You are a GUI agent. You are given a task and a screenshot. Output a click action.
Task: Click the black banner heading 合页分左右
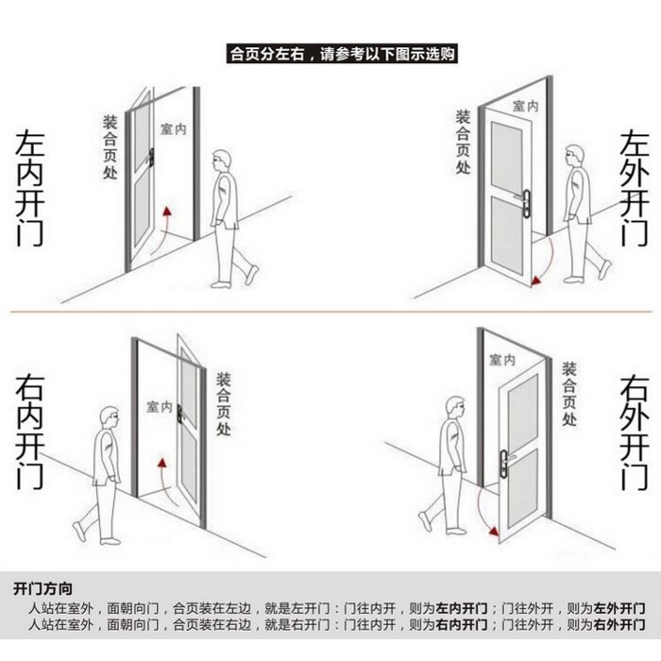343,54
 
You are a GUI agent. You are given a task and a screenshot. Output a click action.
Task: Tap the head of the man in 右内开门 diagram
110,416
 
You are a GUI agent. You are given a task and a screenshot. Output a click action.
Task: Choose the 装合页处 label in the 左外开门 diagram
463,142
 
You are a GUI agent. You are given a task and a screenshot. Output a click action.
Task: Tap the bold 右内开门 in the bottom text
461,625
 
